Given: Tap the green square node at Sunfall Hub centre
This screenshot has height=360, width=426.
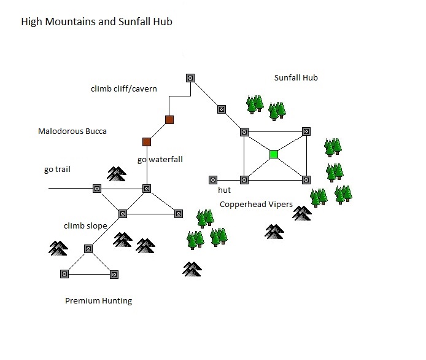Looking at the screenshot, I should (x=274, y=154).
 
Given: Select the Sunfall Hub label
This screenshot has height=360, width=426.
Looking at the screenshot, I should (x=295, y=78).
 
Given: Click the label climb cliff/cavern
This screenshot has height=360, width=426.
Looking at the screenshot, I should (x=123, y=89).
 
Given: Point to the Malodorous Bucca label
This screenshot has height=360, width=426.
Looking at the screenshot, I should (x=68, y=131).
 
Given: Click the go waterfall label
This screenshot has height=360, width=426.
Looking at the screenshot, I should (x=160, y=160).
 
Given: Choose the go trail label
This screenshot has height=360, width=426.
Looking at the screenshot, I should (x=57, y=170).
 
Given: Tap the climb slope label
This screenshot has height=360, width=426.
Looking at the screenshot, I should (x=85, y=226).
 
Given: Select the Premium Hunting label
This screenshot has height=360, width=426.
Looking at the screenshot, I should (x=98, y=301).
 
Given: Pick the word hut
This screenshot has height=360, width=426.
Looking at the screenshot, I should (x=224, y=191).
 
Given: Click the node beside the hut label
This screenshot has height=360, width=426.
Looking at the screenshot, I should (x=213, y=180).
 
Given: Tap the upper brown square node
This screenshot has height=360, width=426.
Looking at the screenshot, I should (x=169, y=120).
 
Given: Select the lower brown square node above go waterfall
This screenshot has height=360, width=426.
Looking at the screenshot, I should (x=147, y=142).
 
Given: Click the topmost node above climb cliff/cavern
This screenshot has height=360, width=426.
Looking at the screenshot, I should (x=190, y=78).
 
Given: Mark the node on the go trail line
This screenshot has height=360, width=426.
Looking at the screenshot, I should (x=96, y=188).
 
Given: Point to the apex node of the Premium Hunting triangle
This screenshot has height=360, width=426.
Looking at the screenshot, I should (x=88, y=249).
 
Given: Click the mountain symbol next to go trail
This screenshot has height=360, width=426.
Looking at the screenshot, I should (x=116, y=174).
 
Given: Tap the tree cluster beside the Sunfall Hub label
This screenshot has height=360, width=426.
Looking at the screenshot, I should (x=265, y=106).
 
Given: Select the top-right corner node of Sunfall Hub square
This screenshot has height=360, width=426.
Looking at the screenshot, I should (x=306, y=131).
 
